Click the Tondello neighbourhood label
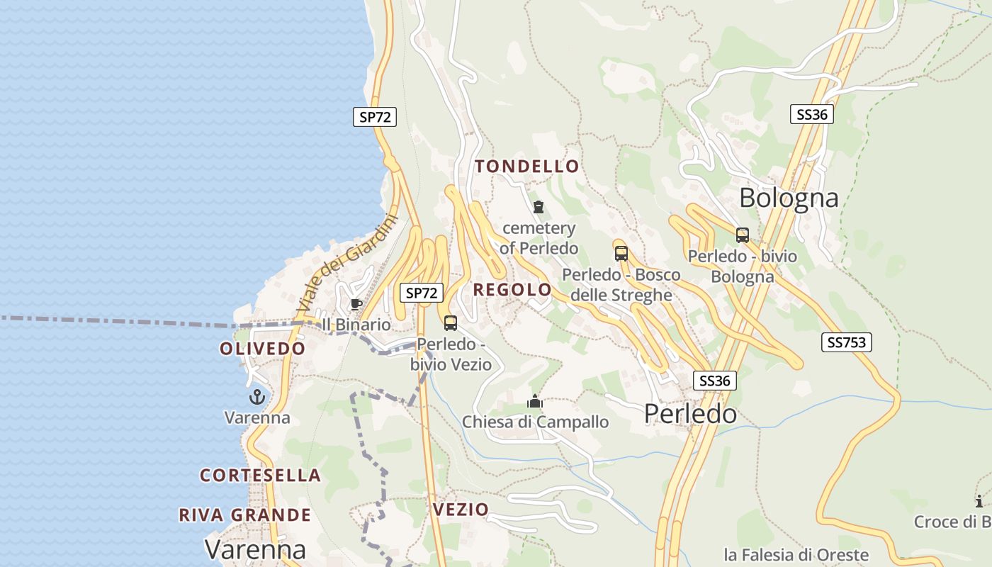(x=526, y=167)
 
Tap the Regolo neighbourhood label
(x=512, y=289)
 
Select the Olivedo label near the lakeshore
(x=262, y=349)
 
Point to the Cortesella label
(x=260, y=475)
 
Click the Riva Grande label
(x=244, y=515)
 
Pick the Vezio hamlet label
(x=461, y=509)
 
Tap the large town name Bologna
(x=789, y=198)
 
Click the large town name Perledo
(x=690, y=414)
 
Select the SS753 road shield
(x=847, y=342)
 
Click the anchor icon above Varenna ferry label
(x=257, y=397)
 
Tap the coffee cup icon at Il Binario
(x=356, y=305)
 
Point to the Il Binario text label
(x=356, y=325)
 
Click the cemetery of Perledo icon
(x=539, y=208)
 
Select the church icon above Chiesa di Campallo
(x=535, y=402)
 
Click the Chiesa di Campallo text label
(x=535, y=422)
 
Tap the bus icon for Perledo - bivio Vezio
(x=451, y=323)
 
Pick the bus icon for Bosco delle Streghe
(x=621, y=253)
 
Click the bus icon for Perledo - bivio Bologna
(x=743, y=235)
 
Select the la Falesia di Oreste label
(x=796, y=554)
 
